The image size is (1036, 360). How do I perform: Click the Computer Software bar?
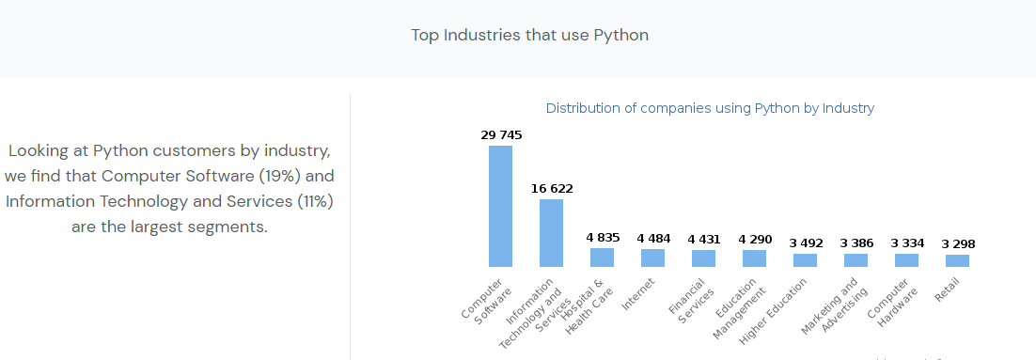(500, 206)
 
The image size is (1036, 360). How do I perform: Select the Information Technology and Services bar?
(551, 233)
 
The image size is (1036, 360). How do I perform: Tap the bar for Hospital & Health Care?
(602, 258)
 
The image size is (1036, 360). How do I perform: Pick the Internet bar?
(652, 258)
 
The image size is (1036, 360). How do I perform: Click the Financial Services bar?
(703, 258)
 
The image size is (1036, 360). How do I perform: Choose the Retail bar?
(957, 261)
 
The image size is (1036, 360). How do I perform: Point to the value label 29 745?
(501, 135)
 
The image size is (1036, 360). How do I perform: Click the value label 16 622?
(553, 189)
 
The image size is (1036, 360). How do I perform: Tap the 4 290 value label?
(755, 239)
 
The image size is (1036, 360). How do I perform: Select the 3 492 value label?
(806, 243)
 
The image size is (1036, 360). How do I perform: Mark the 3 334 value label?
(907, 243)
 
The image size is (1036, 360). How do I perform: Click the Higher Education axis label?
(773, 311)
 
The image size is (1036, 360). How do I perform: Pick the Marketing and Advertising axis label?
(834, 305)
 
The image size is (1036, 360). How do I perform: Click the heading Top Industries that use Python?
(530, 35)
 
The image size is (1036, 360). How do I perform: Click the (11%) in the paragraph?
(315, 201)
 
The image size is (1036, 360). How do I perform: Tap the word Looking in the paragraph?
(37, 151)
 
